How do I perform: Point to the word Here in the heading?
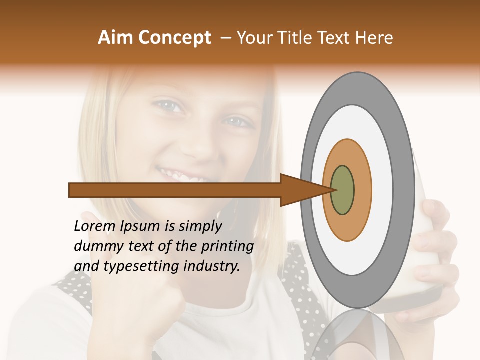375,38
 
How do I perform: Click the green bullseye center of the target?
342,190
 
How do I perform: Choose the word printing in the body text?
227,246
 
